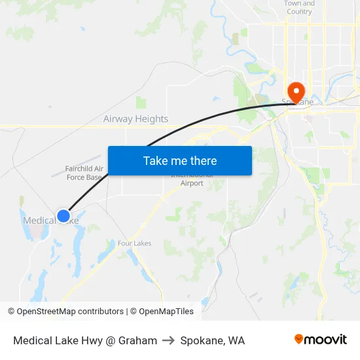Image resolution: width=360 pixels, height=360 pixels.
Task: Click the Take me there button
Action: pos(180,160)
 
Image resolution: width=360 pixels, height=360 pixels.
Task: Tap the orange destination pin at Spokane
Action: pos(296,92)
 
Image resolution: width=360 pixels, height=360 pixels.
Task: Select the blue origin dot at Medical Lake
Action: pos(63,216)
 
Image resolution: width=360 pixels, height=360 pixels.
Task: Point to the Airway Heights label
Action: pos(135,119)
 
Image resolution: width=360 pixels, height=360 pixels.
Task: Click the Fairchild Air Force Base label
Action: pos(84,173)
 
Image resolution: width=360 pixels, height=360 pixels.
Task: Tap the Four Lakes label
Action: pos(134,243)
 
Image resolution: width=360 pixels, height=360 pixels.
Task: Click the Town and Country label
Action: pos(299,7)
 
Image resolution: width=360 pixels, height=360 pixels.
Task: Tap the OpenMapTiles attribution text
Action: pos(166,312)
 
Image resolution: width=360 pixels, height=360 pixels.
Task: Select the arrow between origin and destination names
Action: pos(169,340)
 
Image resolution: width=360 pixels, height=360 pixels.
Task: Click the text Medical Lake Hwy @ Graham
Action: pos(85,340)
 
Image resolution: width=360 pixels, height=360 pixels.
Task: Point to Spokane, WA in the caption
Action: pos(212,340)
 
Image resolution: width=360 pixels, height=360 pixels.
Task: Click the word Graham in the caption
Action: pos(137,340)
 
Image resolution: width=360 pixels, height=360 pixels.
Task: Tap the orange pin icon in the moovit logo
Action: pos(298,339)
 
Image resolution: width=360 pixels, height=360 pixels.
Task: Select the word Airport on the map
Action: pos(192,183)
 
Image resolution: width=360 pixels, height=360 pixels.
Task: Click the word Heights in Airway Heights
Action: pos(151,119)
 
